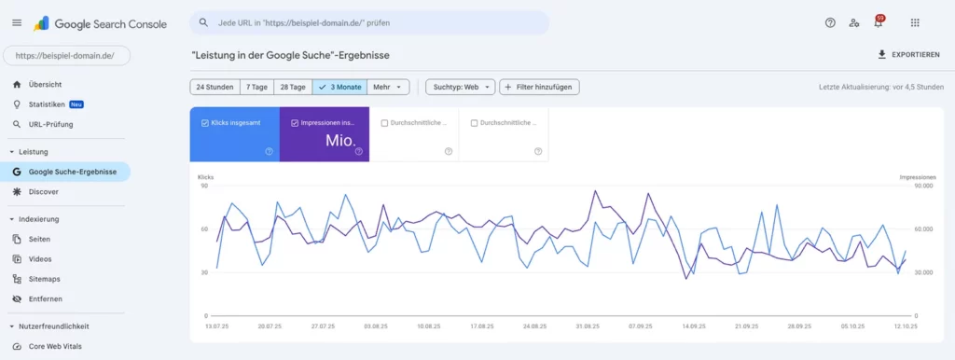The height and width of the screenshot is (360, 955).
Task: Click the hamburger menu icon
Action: (17, 23)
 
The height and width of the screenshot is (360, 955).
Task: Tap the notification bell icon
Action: (878, 23)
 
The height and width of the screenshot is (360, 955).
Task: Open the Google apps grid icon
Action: (915, 23)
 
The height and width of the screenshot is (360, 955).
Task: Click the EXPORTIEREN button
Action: (908, 55)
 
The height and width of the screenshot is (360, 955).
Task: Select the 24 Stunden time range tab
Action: (215, 87)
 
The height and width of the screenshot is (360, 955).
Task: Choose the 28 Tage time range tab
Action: (294, 87)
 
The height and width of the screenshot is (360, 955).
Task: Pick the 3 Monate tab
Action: (340, 87)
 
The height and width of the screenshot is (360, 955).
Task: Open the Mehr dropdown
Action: (388, 87)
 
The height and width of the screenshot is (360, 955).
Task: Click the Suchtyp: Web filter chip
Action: (459, 87)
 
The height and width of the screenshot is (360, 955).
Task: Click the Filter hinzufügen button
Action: (539, 87)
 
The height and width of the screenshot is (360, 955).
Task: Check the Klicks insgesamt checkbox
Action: (205, 122)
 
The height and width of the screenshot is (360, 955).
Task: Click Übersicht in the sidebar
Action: (47, 84)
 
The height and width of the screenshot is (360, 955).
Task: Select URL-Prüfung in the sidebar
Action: (50, 124)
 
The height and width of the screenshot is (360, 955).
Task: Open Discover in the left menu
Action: (43, 191)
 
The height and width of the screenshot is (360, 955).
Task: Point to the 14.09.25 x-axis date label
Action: (693, 327)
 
